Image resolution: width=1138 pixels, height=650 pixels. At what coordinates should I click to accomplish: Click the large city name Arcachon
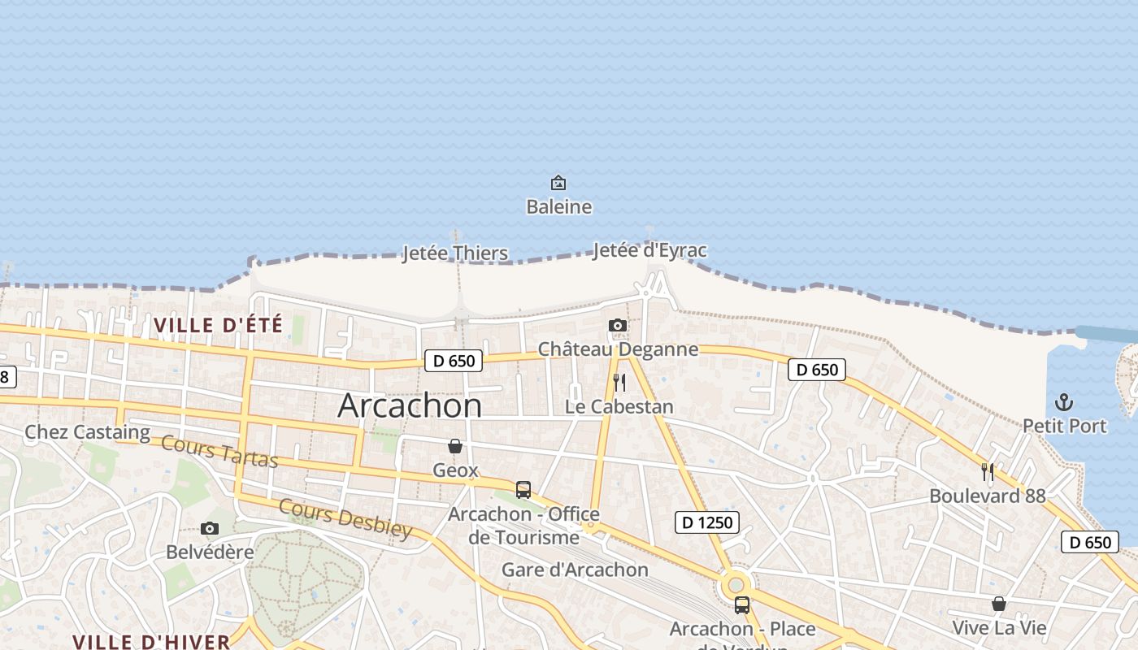[x=410, y=405]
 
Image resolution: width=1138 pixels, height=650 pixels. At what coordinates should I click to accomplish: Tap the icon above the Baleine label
[x=558, y=183]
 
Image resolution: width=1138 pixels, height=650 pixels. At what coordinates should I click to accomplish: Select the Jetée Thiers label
[x=455, y=253]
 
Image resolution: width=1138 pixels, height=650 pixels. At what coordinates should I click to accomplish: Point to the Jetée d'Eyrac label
[x=649, y=250]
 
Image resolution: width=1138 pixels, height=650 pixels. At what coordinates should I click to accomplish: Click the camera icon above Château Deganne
[x=618, y=326]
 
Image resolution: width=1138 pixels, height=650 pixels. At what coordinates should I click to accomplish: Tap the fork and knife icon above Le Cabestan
[x=619, y=383]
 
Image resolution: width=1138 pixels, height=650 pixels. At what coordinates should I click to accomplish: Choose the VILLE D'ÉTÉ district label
[x=219, y=326]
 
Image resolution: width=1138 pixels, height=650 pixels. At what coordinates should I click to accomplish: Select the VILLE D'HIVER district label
[x=152, y=641]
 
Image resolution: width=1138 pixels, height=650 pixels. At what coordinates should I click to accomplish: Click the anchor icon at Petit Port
[x=1064, y=402]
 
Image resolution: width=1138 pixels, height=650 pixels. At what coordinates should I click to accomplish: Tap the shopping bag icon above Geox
[x=455, y=446]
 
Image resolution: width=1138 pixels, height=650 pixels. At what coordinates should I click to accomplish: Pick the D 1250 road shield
[x=706, y=522]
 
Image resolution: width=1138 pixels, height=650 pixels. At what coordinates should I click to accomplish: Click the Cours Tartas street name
[x=219, y=452]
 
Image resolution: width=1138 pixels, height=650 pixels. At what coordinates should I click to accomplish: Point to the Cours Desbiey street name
[x=345, y=518]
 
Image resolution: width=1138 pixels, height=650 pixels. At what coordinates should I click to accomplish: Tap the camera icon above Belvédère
[x=210, y=529]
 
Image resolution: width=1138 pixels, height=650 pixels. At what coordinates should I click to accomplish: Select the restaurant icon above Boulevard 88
[x=988, y=472]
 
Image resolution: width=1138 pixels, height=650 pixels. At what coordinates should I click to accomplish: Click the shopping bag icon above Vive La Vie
[x=999, y=604]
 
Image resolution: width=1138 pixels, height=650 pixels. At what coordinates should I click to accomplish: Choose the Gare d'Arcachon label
[x=575, y=570]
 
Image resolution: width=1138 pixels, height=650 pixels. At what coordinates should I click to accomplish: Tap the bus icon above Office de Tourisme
[x=523, y=490]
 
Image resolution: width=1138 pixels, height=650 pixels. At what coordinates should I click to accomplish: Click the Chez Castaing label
[x=87, y=431]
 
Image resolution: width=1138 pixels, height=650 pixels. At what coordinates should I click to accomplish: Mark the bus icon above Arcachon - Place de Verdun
[x=742, y=605]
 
